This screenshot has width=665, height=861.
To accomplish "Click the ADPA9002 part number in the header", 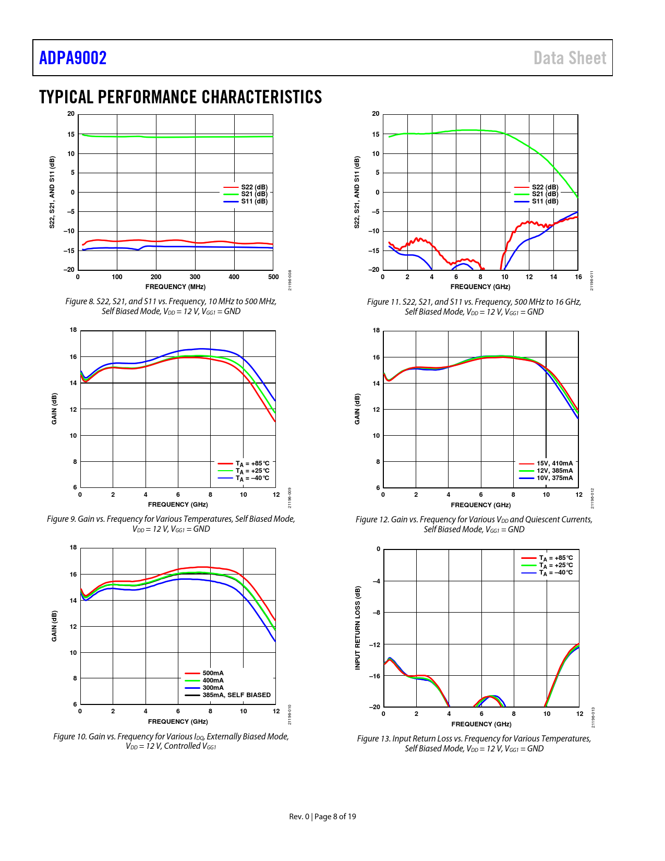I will (x=73, y=58).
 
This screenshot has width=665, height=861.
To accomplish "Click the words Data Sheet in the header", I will (x=570, y=58).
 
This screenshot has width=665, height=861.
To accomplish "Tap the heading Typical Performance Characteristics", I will (x=180, y=97).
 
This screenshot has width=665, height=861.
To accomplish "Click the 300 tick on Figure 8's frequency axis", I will (x=195, y=277).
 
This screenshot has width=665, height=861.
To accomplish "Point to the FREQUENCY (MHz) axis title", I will (x=175, y=287).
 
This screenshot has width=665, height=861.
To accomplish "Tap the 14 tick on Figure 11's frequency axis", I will (x=553, y=277).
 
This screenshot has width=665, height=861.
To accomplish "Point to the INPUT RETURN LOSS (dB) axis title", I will (x=358, y=628).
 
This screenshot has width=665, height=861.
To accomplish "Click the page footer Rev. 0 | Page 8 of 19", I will (x=322, y=817).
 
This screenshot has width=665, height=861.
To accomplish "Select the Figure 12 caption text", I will (x=474, y=524).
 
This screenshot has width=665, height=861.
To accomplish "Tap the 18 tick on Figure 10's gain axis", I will (x=74, y=547).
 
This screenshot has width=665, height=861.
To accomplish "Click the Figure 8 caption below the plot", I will (x=171, y=306).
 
